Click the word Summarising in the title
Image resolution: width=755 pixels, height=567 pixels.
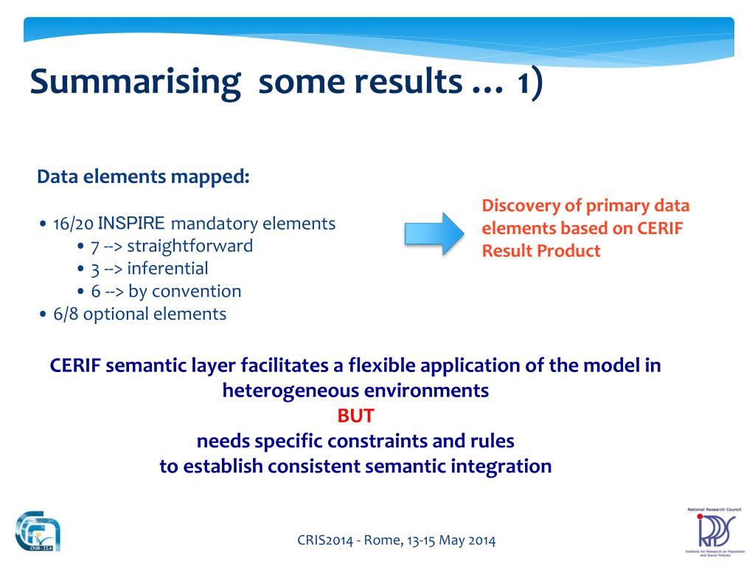click(136, 83)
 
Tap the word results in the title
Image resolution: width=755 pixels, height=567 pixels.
click(408, 81)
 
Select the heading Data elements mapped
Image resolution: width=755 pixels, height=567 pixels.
click(144, 177)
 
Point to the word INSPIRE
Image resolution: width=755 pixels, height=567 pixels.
click(131, 223)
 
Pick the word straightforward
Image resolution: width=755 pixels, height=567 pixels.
click(189, 247)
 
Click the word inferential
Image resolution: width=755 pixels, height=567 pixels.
click(167, 268)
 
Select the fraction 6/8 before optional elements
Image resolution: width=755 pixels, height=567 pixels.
click(66, 314)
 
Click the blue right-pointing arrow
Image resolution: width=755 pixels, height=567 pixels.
click(434, 234)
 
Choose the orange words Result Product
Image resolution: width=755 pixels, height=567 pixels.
click(541, 251)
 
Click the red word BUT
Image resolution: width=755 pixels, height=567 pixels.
click(355, 416)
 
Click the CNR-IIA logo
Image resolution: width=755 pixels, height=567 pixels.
click(38, 532)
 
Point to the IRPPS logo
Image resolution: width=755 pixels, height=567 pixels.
click(714, 532)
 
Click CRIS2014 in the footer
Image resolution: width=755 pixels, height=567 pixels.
click(325, 540)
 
